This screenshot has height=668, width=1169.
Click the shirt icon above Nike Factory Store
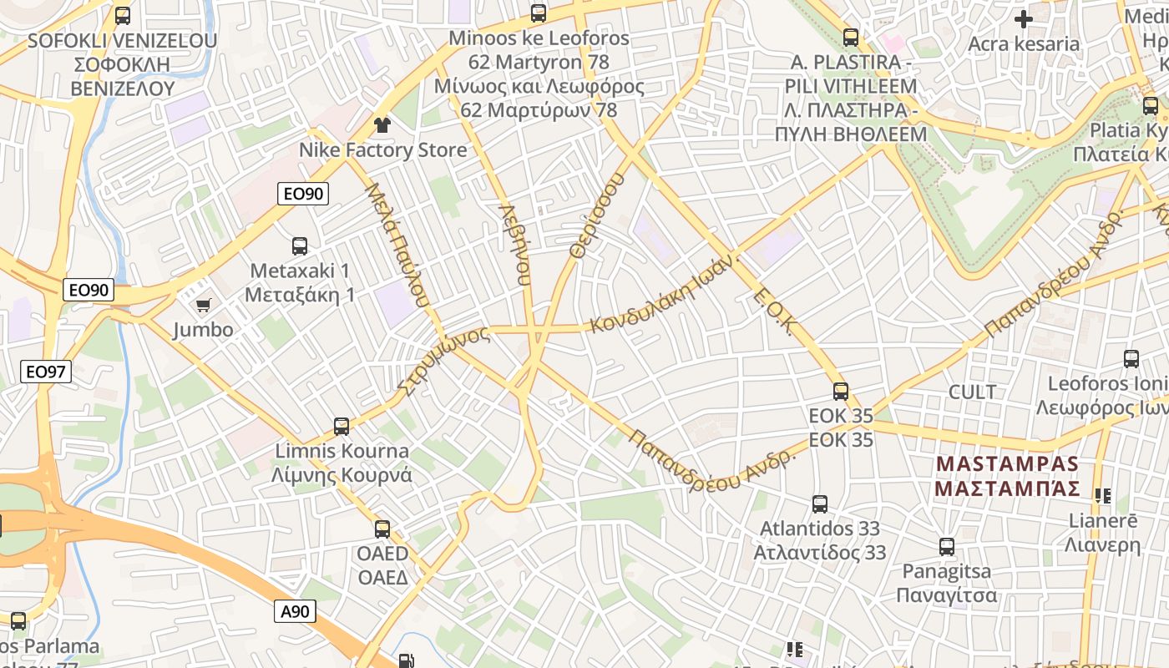382,125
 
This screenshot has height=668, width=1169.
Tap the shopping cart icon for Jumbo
203,306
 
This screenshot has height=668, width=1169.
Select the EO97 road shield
46,372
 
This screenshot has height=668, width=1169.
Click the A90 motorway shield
295,611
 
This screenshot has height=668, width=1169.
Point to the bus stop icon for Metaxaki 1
300,246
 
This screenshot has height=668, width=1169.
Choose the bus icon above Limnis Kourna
342,427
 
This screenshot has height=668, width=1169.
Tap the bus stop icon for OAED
382,529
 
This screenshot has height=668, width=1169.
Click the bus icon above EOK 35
841,391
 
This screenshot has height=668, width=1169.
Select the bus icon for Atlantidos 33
820,504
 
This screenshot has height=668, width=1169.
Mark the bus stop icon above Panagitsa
947,547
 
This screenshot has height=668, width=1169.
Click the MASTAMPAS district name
1007,476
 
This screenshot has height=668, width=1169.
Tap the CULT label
972,392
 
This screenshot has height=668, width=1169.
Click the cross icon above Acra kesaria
1024,18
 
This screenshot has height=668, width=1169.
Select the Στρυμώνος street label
443,360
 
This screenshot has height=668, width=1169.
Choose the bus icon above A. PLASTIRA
851,38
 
